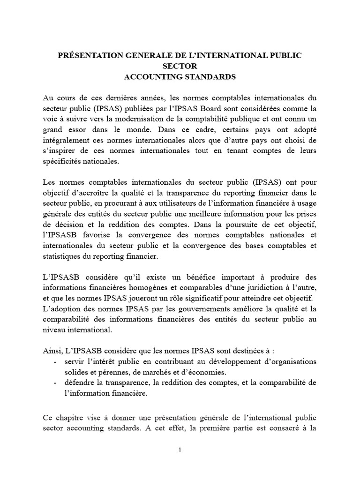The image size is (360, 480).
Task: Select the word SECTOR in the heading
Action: click(x=180, y=66)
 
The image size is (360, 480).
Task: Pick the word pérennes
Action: click(x=111, y=373)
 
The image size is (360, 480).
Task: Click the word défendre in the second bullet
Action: click(x=80, y=383)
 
